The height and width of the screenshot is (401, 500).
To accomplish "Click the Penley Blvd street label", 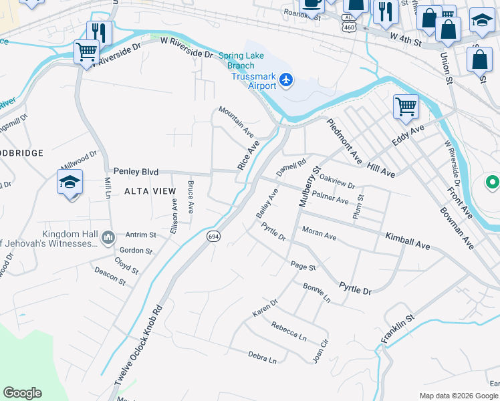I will pyautogui.click(x=136, y=172).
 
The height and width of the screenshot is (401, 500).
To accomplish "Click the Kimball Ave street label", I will pyautogui.click(x=407, y=241).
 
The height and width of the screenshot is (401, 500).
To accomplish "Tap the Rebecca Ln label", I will pyautogui.click(x=288, y=330).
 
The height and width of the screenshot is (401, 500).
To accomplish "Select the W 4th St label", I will pyautogui.click(x=406, y=41).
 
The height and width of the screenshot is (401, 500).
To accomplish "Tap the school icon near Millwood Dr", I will pyautogui.click(x=70, y=182).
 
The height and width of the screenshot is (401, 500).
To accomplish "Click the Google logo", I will pyautogui.click(x=22, y=393).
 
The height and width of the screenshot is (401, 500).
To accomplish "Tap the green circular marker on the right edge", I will pyautogui.click(x=492, y=182).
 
